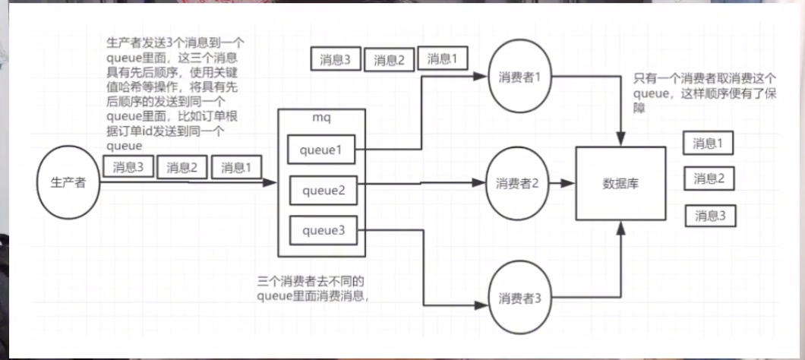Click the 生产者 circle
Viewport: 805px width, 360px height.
[69, 183]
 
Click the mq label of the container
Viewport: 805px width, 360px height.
[322, 119]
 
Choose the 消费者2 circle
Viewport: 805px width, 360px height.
[519, 183]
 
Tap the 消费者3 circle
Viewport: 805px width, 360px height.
[519, 297]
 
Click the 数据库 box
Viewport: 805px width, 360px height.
[621, 183]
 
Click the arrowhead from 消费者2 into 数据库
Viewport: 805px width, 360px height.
[571, 183]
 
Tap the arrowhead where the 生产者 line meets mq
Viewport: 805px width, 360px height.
[272, 183]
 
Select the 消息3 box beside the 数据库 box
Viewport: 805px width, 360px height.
[711, 216]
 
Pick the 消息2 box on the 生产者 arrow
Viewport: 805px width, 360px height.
[182, 166]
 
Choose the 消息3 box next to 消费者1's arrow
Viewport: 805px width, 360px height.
[335, 58]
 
